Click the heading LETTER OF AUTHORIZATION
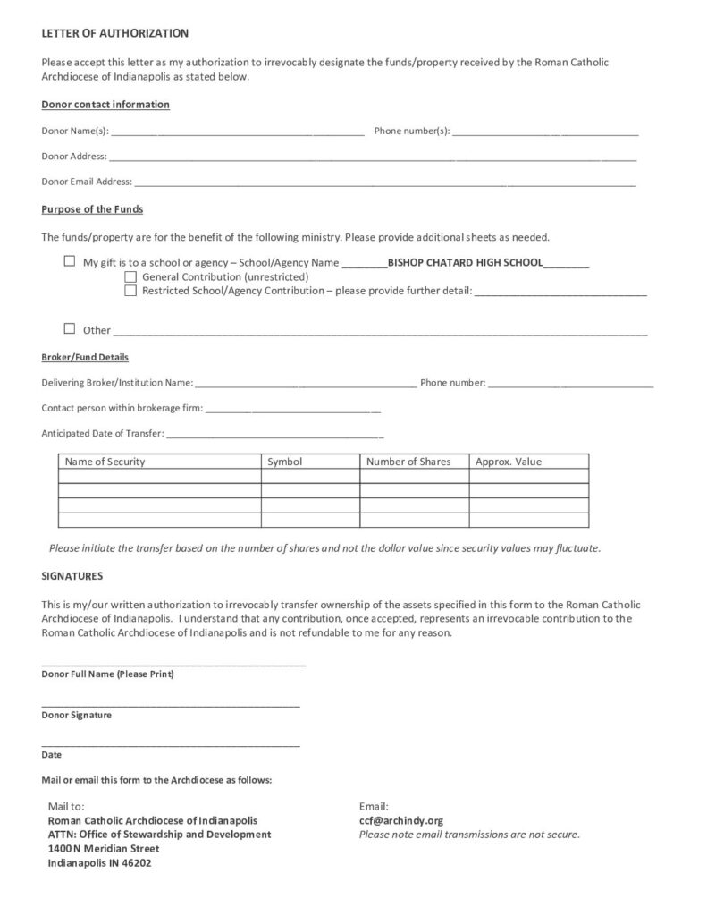click(x=115, y=33)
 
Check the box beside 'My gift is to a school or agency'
click(x=70, y=262)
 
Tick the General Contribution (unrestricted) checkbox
click(x=130, y=276)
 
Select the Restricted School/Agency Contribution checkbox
click(x=130, y=290)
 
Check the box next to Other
click(x=70, y=328)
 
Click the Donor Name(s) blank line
click(x=237, y=132)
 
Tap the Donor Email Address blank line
click(x=384, y=182)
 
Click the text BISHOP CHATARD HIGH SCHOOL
click(x=465, y=263)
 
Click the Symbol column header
click(x=285, y=462)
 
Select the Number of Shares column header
click(x=408, y=462)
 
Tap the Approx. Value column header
click(x=509, y=462)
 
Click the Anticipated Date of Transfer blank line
click(x=275, y=436)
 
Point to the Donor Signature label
click(x=77, y=716)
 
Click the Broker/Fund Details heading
click(x=85, y=357)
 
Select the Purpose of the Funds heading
click(x=92, y=209)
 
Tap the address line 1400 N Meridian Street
click(x=104, y=849)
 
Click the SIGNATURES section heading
click(x=72, y=576)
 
